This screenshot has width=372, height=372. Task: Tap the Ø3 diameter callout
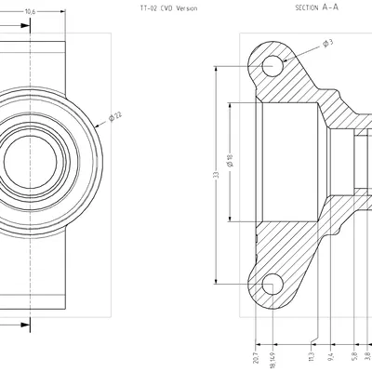click(x=327, y=44)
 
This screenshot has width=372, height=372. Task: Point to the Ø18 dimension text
click(x=230, y=160)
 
